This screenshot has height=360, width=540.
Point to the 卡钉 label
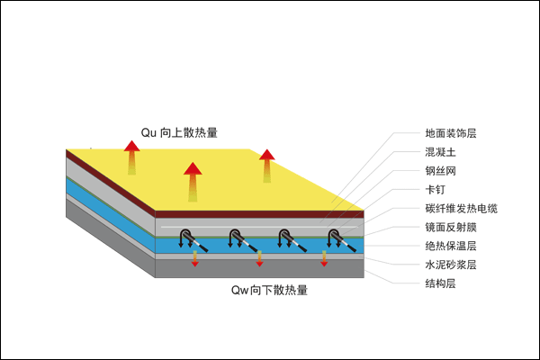tap(435, 190)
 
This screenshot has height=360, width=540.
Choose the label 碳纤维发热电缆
tap(461, 209)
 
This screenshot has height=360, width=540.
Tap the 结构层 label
tap(440, 283)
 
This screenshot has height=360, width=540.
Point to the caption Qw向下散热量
tap(274, 290)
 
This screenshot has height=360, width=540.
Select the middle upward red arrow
tap(193, 181)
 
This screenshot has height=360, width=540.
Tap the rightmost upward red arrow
tap(266, 166)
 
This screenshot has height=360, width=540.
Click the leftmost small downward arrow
tap(195, 260)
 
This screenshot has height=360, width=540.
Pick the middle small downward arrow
tap(260, 260)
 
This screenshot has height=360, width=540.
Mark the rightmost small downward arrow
tap(324, 260)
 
